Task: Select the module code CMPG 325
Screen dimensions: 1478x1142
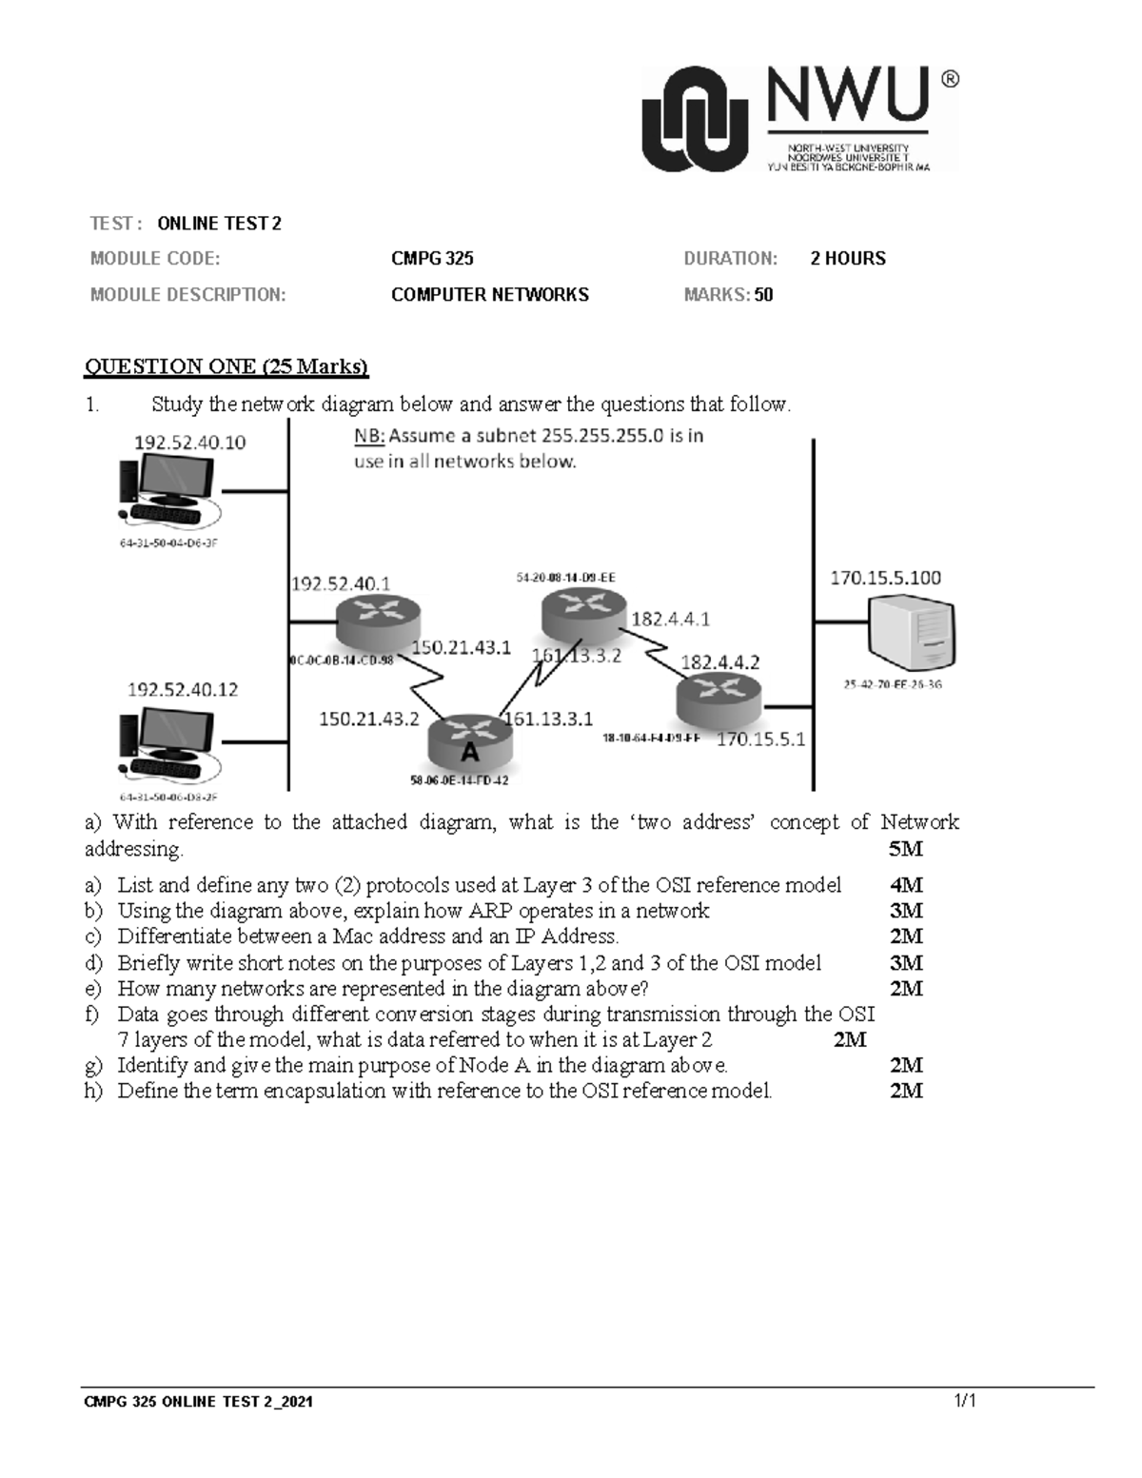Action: pyautogui.click(x=432, y=259)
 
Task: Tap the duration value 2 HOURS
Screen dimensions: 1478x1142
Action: pyautogui.click(x=847, y=259)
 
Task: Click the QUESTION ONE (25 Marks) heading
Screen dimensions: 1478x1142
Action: pyautogui.click(x=226, y=366)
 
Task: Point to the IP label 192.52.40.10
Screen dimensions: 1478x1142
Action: pyautogui.click(x=190, y=443)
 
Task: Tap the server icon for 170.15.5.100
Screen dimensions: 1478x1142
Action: pyautogui.click(x=911, y=632)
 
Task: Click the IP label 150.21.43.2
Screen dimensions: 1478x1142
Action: pyautogui.click(x=368, y=719)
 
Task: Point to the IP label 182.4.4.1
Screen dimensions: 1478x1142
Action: pyautogui.click(x=670, y=620)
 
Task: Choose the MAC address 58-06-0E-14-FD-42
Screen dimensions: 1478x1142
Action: pyautogui.click(x=459, y=780)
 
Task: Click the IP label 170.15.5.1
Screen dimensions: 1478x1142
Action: pyautogui.click(x=760, y=739)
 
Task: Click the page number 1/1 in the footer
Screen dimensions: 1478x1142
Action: pyautogui.click(x=966, y=1400)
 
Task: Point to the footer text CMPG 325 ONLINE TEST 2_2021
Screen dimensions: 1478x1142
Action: pyautogui.click(x=198, y=1402)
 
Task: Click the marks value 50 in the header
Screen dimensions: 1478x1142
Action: pyautogui.click(x=763, y=295)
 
